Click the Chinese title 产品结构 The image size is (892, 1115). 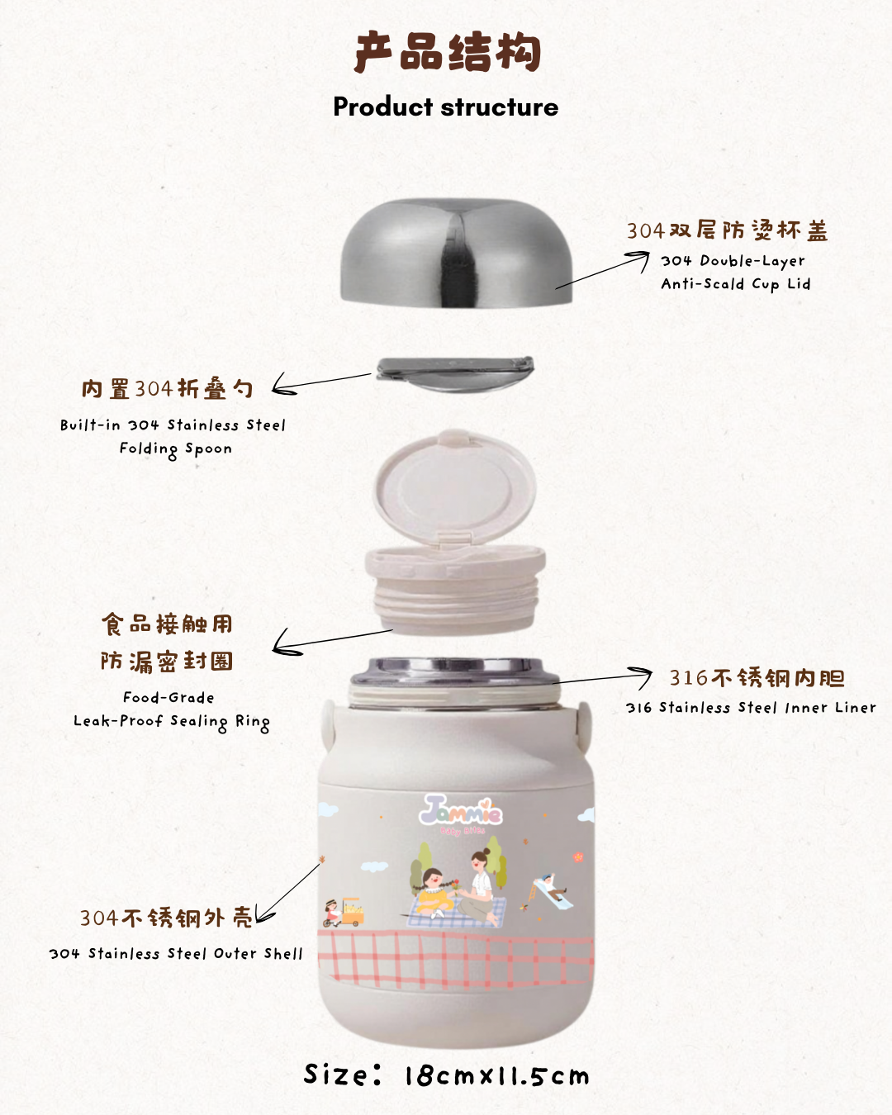[x=448, y=52]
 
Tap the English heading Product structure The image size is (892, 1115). [x=446, y=107]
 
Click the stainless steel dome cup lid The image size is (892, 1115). [x=456, y=253]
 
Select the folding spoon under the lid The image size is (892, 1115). [x=455, y=373]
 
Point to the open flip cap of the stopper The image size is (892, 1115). [x=453, y=487]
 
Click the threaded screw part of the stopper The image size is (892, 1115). [x=455, y=604]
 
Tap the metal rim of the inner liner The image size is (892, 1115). [x=455, y=672]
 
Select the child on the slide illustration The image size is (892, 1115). [x=550, y=889]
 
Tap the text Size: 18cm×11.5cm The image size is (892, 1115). [x=446, y=1075]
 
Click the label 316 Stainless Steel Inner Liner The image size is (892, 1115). [x=751, y=708]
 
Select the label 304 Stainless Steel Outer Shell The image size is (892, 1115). [x=176, y=954]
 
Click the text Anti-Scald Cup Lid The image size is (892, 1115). [x=735, y=284]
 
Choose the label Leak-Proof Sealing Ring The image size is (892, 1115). [x=172, y=722]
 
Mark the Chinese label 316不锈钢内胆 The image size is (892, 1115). [x=757, y=678]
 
